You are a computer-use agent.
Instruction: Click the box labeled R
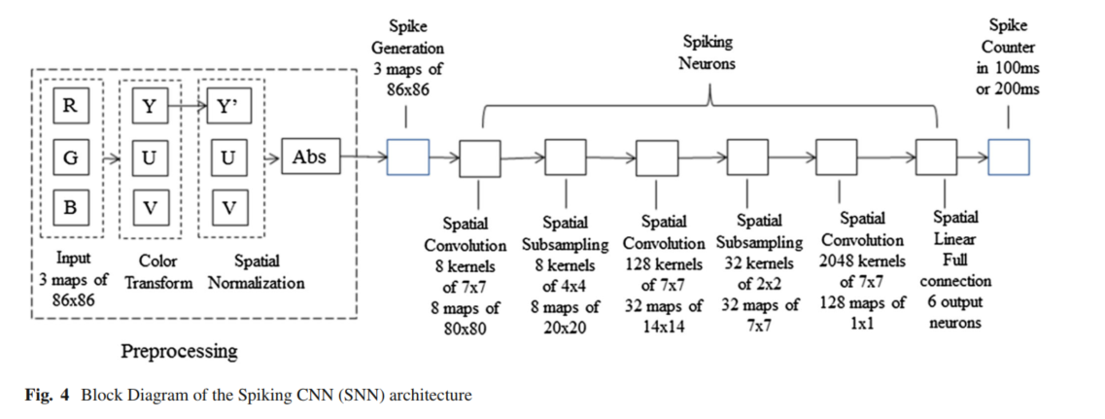click(x=70, y=107)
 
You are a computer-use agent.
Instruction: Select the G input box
click(x=70, y=157)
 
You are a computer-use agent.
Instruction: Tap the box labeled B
click(x=70, y=207)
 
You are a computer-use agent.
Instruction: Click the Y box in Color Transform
click(x=149, y=107)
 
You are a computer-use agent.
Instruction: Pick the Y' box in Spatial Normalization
click(x=228, y=107)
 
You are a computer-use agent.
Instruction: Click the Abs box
click(x=310, y=157)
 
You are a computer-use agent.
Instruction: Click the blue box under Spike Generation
click(x=407, y=157)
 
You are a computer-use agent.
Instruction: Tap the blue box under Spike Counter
click(x=1008, y=157)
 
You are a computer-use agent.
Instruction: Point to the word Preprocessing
click(x=179, y=350)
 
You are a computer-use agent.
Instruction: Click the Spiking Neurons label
click(x=708, y=53)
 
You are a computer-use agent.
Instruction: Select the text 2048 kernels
click(x=862, y=262)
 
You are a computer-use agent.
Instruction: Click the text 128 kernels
click(x=663, y=262)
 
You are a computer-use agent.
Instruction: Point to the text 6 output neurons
click(x=954, y=312)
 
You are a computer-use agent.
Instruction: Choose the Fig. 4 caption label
click(x=49, y=396)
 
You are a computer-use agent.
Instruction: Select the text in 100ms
click(x=1008, y=68)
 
